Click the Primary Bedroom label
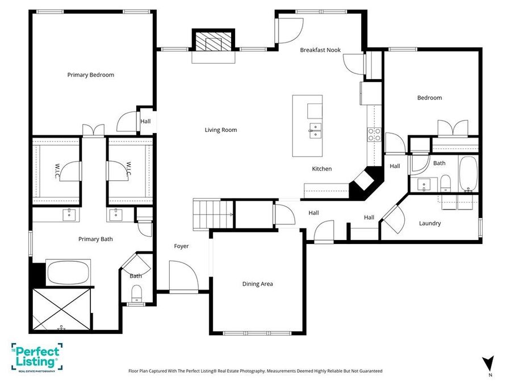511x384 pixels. tap(91, 75)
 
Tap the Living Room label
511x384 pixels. tap(221, 130)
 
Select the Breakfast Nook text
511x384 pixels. tap(320, 50)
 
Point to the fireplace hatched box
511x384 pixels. tap(213, 41)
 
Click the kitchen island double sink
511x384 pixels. tap(315, 131)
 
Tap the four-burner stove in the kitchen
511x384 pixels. tap(375, 134)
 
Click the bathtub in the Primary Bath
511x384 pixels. tap(68, 272)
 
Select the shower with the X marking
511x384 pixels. tap(61, 309)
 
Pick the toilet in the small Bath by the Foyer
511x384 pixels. tap(136, 294)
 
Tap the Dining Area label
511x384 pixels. tap(257, 284)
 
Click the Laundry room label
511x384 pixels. tap(430, 224)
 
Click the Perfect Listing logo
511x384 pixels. tap(36, 357)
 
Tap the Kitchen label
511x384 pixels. tap(322, 169)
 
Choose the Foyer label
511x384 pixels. tap(181, 246)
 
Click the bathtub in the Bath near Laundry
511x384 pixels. tap(468, 173)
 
